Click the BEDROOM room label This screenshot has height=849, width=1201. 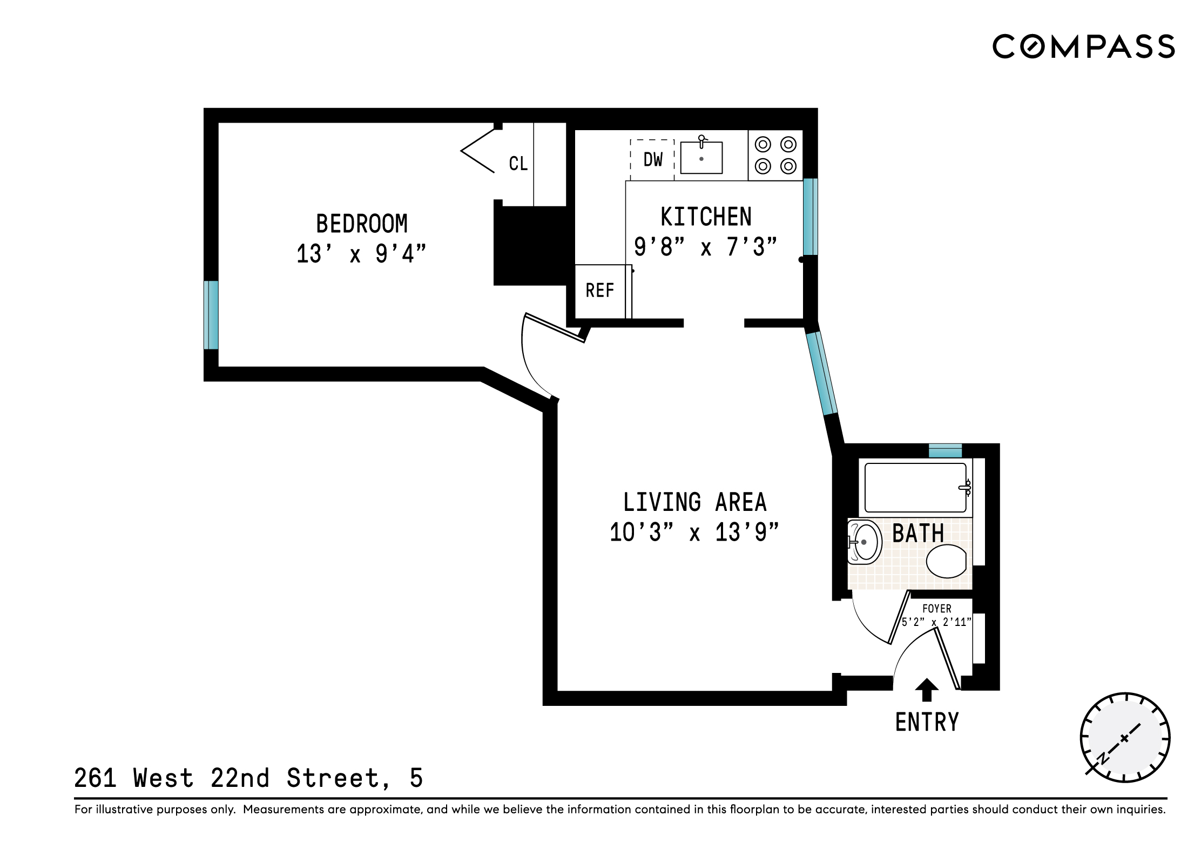(x=361, y=224)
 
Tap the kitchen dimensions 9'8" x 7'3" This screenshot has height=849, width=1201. (x=705, y=247)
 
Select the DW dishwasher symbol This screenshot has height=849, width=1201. (x=652, y=160)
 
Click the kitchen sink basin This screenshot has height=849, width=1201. (x=701, y=158)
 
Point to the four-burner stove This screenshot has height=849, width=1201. (x=775, y=156)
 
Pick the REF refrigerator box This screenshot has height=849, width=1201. (x=599, y=291)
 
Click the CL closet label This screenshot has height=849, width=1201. (x=518, y=164)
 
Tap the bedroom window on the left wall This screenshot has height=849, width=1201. (x=211, y=315)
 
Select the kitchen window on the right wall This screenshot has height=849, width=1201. (x=810, y=217)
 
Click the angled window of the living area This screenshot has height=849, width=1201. (x=821, y=373)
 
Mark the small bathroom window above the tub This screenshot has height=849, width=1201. (x=945, y=450)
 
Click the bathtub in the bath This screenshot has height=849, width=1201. (x=915, y=488)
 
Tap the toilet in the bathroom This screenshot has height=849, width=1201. (x=946, y=561)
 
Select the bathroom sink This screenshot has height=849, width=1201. (x=865, y=542)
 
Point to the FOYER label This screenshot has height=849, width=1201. (x=936, y=609)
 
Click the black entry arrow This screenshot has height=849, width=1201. (x=927, y=689)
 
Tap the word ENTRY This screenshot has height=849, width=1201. (x=927, y=723)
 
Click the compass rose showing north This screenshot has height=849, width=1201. (x=1124, y=738)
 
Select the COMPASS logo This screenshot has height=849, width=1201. (x=1083, y=46)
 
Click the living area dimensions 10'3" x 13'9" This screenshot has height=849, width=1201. (x=694, y=533)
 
